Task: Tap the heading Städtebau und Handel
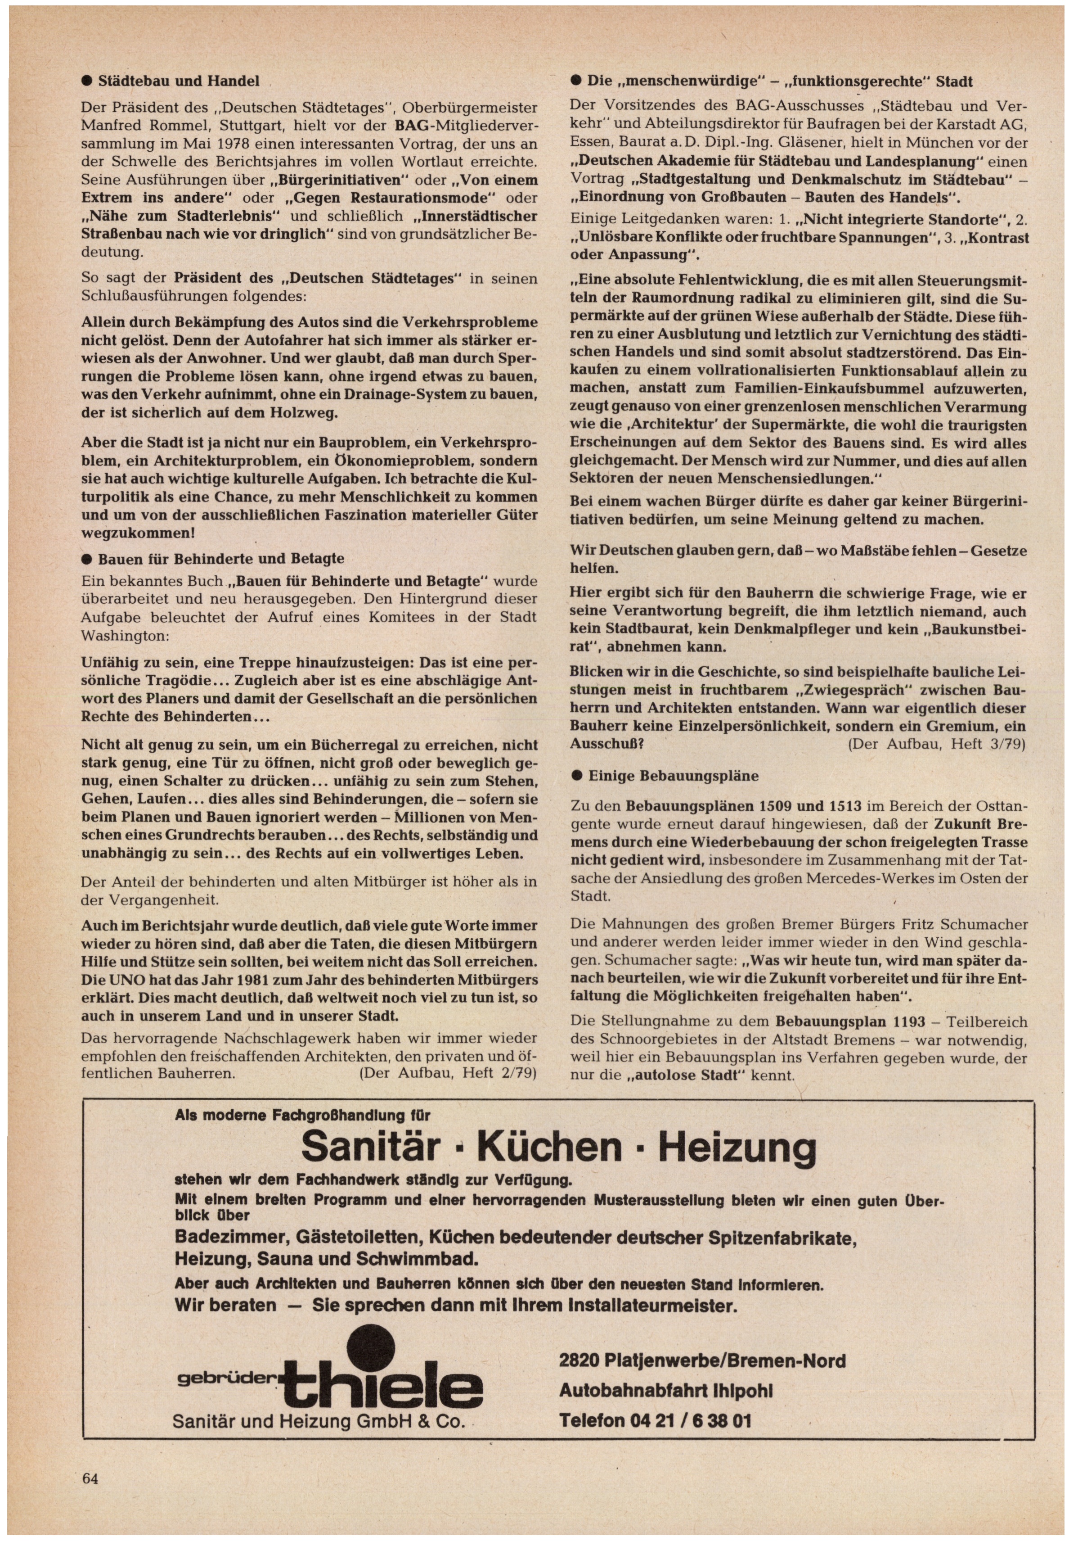[x=178, y=82]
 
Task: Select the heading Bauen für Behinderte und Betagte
[x=221, y=558]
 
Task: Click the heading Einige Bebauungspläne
[x=673, y=776]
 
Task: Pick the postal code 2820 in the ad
[x=581, y=1361]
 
